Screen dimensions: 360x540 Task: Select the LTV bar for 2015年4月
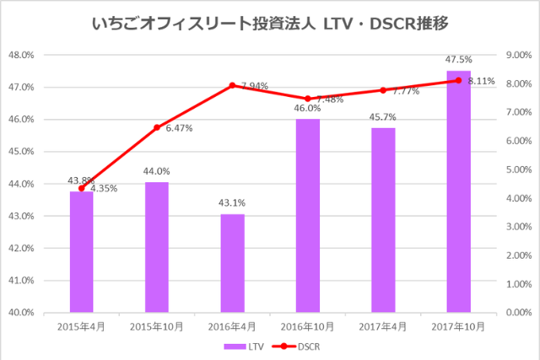pyautogui.click(x=82, y=252)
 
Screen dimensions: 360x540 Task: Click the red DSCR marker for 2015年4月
pyautogui.click(x=82, y=188)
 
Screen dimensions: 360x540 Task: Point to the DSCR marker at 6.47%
pyautogui.click(x=157, y=127)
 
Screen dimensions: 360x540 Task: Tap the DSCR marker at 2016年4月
pyautogui.click(x=232, y=85)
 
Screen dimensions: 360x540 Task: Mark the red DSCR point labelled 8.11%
pyautogui.click(x=458, y=80)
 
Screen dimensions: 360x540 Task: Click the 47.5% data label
pyautogui.click(x=458, y=60)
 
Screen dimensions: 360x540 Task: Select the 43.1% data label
pyautogui.click(x=232, y=203)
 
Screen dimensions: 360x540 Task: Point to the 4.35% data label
pyautogui.click(x=102, y=188)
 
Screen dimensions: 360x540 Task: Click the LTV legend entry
pyautogui.click(x=243, y=346)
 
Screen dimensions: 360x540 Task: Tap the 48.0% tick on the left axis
pyautogui.click(x=20, y=55)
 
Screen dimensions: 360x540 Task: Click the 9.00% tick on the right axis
pyautogui.click(x=518, y=55)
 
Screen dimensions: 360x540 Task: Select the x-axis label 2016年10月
pyautogui.click(x=308, y=326)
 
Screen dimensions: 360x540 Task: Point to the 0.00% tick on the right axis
pyautogui.click(x=518, y=312)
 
